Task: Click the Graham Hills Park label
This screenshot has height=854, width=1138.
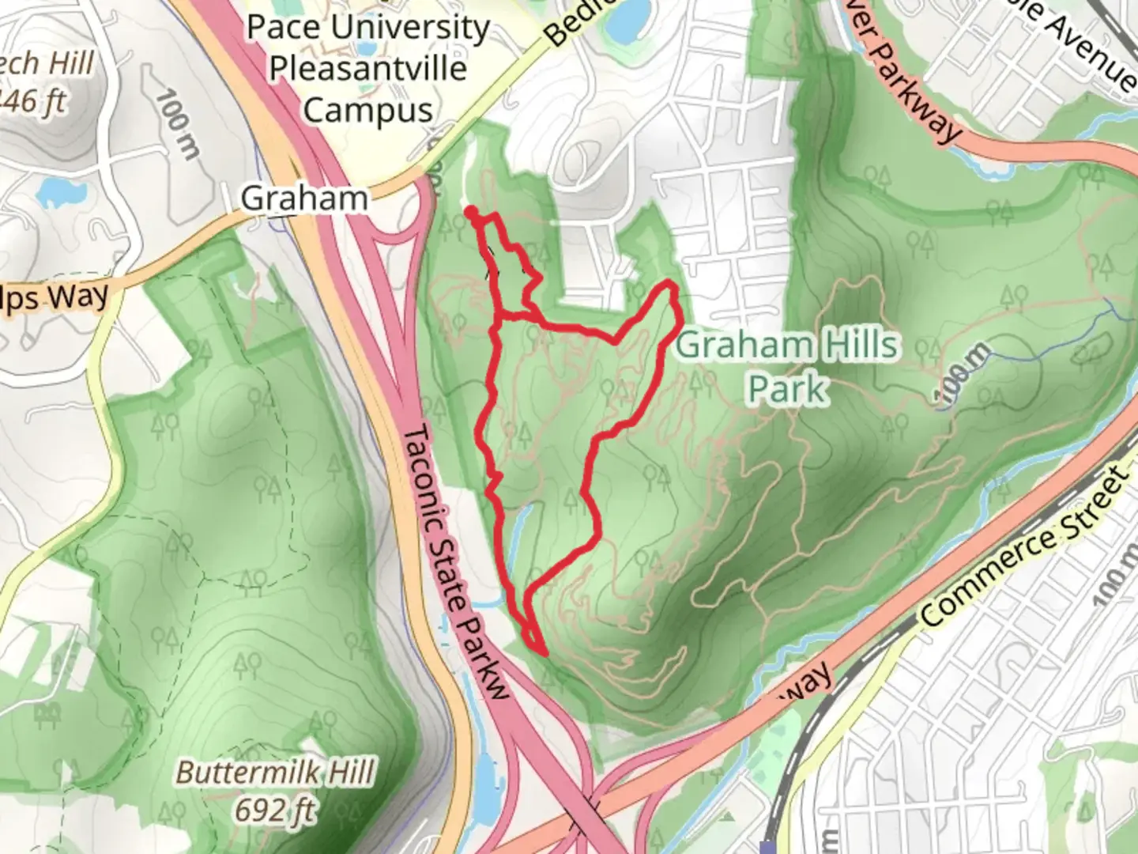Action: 788,367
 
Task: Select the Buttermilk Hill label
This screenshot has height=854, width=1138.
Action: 274,773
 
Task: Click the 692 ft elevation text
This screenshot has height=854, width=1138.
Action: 274,810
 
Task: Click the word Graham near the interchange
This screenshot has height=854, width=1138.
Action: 304,198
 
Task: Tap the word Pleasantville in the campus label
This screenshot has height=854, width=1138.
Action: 367,69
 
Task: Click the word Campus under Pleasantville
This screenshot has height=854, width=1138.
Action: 367,110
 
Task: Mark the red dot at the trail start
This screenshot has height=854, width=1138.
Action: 471,212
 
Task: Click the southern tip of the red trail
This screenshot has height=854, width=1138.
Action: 544,652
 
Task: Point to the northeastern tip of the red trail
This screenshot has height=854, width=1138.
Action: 672,285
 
